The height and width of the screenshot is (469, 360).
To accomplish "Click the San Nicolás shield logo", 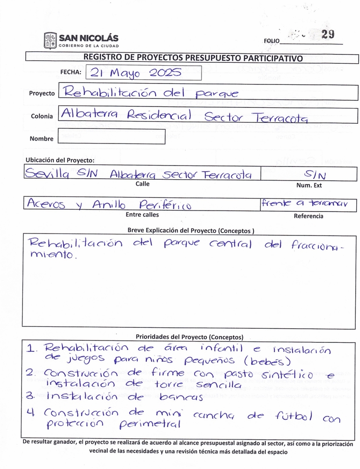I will click(x=50, y=40).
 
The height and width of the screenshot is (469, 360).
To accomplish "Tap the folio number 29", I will click(x=328, y=34).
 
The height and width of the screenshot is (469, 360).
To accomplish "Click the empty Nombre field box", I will click(x=112, y=138).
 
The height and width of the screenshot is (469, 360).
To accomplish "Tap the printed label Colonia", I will click(x=42, y=116).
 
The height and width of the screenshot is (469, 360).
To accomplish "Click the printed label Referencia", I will click(x=308, y=216).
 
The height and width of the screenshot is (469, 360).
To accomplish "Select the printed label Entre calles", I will click(x=142, y=215).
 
